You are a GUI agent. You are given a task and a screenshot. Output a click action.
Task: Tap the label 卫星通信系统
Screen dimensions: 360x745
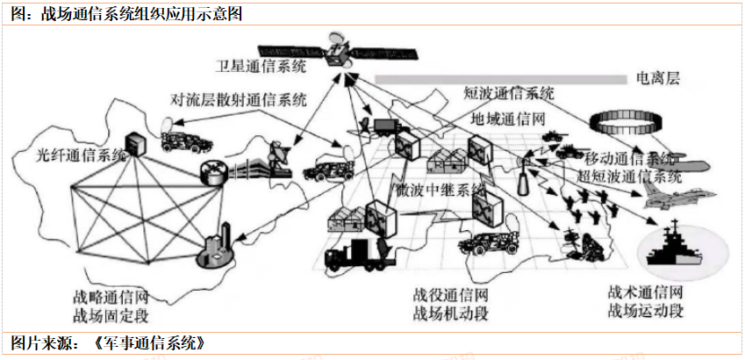pos(262,65)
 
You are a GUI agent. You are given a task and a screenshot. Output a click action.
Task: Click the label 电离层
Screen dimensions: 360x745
pos(659,79)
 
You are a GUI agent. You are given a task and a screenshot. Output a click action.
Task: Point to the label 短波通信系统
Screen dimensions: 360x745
pos(508,93)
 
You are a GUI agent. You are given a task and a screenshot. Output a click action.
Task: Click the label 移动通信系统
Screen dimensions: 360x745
pos(627,159)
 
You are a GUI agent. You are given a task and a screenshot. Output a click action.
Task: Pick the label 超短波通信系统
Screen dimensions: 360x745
pos(629,175)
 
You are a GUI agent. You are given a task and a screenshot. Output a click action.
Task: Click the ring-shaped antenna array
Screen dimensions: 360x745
pos(621,117)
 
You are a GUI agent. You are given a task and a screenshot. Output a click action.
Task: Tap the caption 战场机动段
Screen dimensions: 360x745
pos(448,313)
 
